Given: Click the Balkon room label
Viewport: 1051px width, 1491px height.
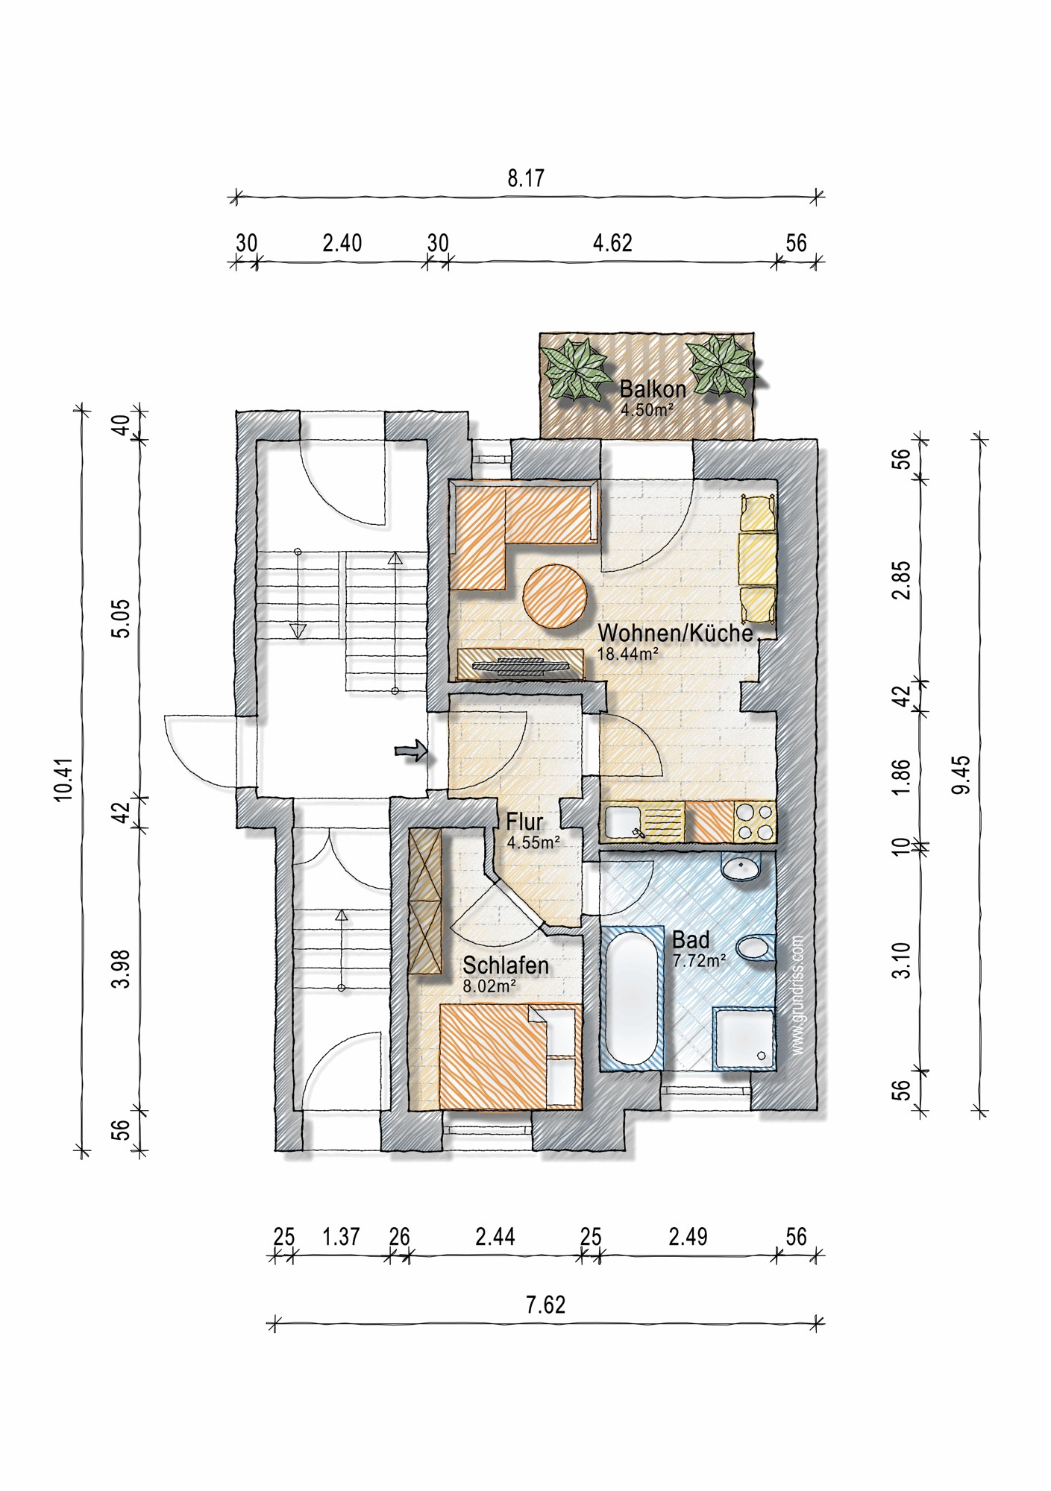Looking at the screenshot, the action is [653, 389].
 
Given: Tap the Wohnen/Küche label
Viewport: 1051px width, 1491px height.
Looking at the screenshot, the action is [675, 633].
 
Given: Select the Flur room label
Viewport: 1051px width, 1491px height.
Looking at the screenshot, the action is [524, 822].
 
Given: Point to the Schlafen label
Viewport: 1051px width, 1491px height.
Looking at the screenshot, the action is [506, 965].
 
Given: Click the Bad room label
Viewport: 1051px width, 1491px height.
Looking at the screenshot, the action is [691, 940].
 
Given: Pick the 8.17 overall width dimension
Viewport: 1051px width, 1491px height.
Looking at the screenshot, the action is [526, 179].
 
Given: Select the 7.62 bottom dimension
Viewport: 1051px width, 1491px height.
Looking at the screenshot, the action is [546, 1305].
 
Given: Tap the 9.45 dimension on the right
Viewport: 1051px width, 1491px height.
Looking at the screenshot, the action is [961, 775].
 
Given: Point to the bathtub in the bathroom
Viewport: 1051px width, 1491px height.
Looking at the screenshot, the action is [632, 997].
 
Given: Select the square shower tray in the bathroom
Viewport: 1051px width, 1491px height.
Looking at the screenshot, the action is [744, 1038].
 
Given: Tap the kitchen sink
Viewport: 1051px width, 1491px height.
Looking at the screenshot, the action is [625, 823].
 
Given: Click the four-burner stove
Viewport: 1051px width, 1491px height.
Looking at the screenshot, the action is [755, 822].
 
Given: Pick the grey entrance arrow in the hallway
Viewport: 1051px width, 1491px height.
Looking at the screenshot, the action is [411, 751].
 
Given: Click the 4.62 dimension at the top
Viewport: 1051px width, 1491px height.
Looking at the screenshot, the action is [612, 244].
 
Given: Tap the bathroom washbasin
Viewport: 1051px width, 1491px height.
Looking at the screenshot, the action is [741, 868].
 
